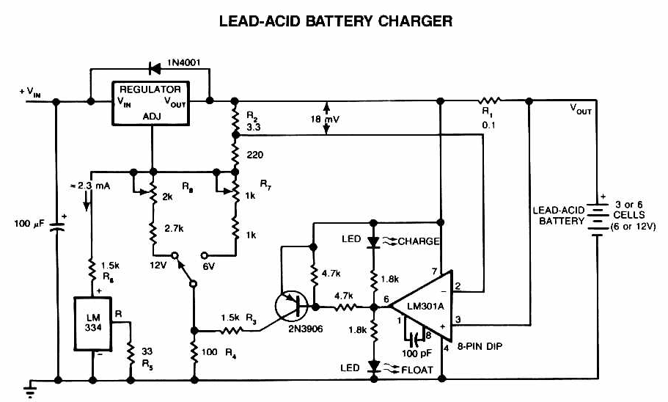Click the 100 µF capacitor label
pos(31,221)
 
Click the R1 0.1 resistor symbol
pos(489,98)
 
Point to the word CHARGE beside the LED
pos(419,241)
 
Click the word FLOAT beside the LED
pos(416,369)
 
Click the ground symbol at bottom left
pos(32,387)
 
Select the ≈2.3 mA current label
pos(89,188)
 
